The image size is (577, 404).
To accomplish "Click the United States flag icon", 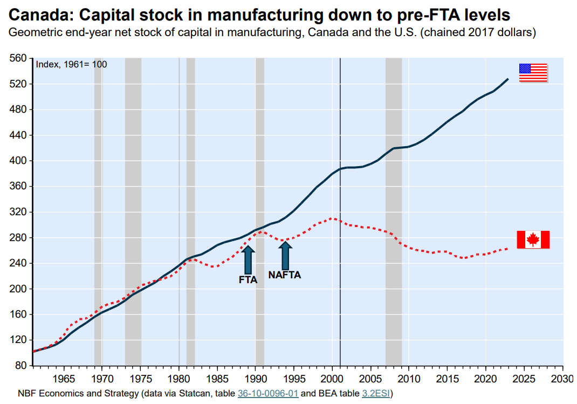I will pos(533,73).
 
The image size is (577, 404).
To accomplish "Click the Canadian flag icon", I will pos(533,239).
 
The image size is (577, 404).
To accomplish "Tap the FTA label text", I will pos(248,280).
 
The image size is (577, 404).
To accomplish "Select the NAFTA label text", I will pos(284,275).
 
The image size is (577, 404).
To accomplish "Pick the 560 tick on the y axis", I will pos(19,58).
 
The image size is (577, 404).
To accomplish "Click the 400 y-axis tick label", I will pos(19,161).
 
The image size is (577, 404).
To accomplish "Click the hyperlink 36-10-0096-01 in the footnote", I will pos(268,393).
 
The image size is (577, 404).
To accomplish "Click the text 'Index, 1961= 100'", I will pos(71,64).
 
